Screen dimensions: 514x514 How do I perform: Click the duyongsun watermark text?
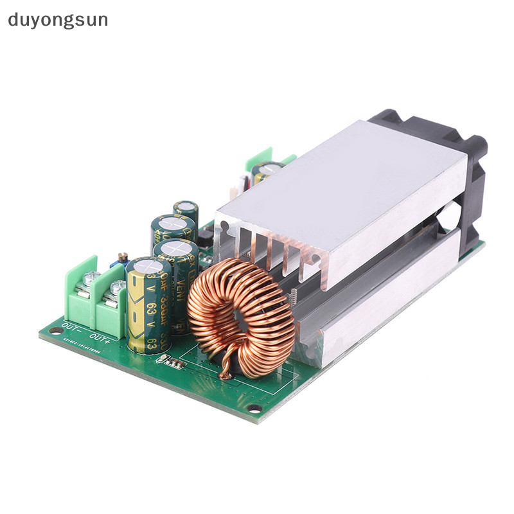[58, 20]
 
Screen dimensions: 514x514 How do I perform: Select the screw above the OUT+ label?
[117, 288]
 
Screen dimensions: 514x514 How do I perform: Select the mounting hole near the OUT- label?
[53, 331]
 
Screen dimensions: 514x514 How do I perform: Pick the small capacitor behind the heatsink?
[267, 172]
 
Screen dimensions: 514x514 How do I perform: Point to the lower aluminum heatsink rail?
[385, 302]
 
